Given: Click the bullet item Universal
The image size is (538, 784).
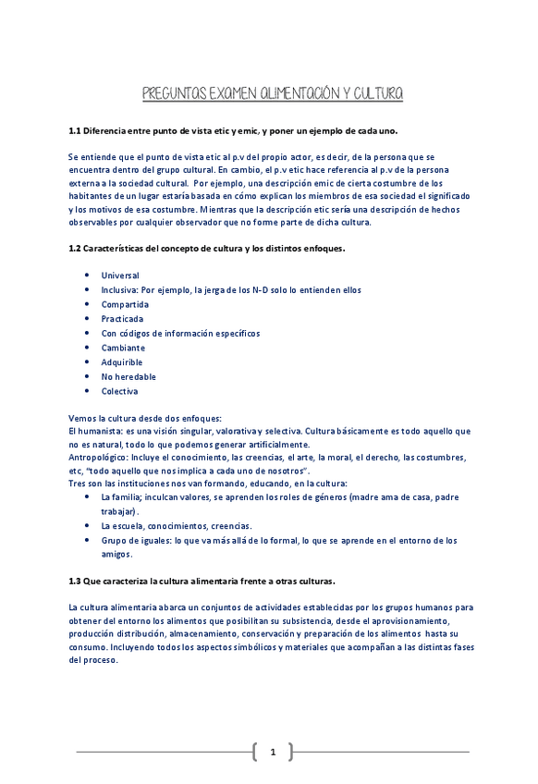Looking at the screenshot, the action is pos(120,276).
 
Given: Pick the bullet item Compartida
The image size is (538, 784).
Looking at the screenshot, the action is pos(125,304).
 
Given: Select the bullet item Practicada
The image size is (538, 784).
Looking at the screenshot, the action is pos(122,319).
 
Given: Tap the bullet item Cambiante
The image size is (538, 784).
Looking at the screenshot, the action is pos(123,348).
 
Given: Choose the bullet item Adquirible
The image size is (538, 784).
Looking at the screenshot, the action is pos(123,362).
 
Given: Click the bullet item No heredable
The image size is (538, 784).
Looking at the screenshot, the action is pos(128,377).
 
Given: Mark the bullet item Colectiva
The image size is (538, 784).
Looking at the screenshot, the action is pos(120,391).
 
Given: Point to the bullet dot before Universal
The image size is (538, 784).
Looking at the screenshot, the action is pos(86,276).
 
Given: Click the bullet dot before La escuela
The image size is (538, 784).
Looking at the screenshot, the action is pos(86,525).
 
